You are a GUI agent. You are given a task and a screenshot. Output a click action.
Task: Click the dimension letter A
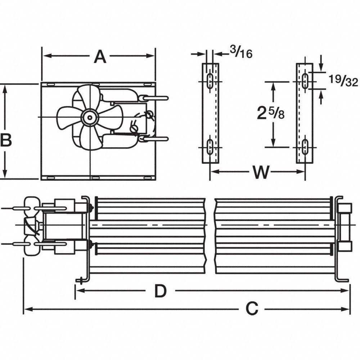click(100, 57)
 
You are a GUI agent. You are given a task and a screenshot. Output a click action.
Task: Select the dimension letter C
click(252, 309)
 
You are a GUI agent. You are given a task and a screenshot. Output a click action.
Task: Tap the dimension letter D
click(161, 291)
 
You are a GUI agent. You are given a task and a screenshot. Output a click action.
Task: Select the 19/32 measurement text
click(343, 82)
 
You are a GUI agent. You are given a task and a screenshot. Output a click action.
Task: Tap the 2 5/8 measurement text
click(271, 114)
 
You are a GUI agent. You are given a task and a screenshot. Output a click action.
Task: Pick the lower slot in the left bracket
click(209, 147)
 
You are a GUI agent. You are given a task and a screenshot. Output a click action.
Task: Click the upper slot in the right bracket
click(305, 81)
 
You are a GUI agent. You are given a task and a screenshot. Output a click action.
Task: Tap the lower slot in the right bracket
click(305, 147)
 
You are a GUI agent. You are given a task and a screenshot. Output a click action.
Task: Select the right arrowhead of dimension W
click(302, 172)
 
